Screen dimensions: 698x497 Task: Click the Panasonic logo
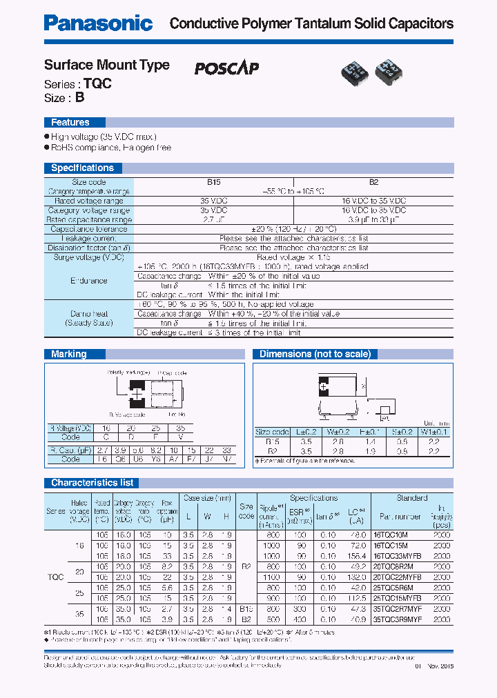coord(98,23)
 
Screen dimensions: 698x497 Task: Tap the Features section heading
coord(70,122)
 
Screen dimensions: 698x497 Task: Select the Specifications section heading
coord(82,168)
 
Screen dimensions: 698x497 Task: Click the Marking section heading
coord(69,354)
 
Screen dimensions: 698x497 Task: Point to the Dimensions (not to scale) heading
coord(315,354)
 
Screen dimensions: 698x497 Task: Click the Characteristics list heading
coord(92,483)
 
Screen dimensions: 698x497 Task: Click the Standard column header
coord(412,498)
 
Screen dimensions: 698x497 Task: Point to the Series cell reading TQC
coord(56,577)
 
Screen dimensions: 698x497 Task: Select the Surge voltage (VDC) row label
coord(89,257)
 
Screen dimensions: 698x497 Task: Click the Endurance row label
coord(89,281)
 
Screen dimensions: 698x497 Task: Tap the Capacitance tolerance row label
coord(89,229)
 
